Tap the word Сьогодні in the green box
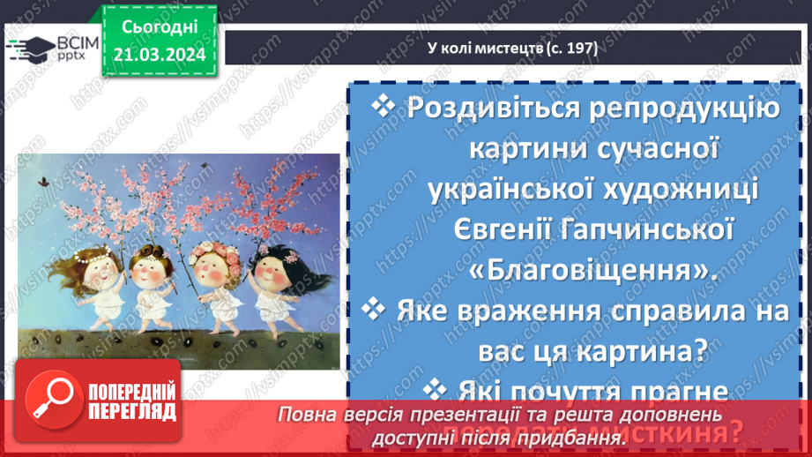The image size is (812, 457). coord(160,30)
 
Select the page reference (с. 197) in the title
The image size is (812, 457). coord(569,49)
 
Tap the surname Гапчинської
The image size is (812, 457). coord(647,229)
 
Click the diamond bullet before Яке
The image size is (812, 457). coord(374,309)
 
